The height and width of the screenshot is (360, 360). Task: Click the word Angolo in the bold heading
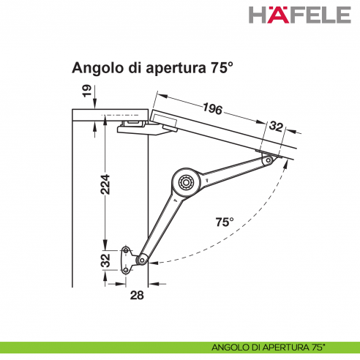point(96,68)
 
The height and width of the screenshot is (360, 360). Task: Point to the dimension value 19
point(86,91)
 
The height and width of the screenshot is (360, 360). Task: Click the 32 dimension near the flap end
point(275,127)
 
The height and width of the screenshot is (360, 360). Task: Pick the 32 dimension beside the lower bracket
point(105,260)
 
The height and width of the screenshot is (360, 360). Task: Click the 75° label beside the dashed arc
point(225,221)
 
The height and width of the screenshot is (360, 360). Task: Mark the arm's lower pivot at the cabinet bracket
point(142,258)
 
